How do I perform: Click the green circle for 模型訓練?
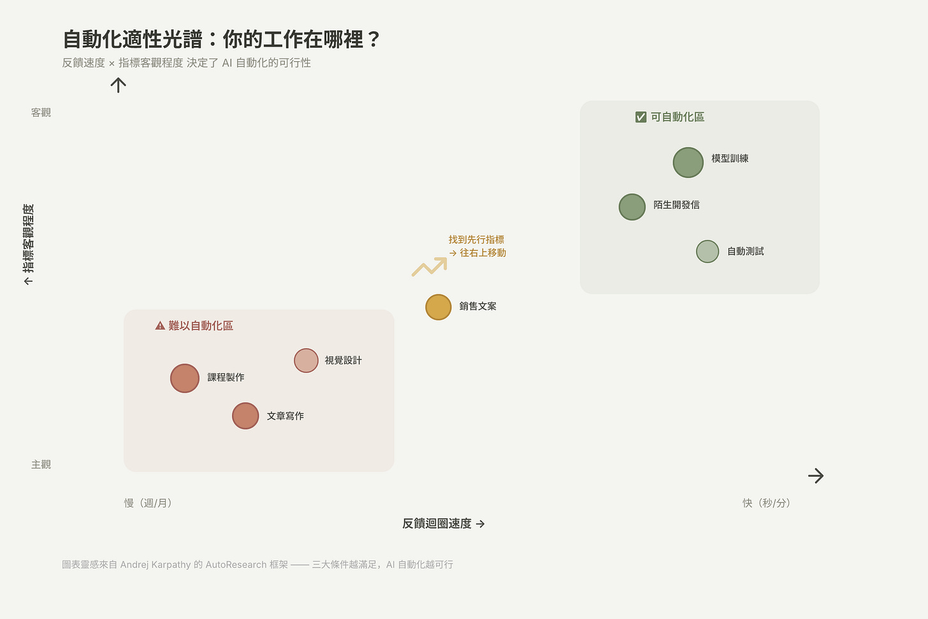point(688,163)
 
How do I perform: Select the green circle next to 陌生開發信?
point(632,207)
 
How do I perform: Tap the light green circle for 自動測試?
point(707,252)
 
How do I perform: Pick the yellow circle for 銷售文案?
point(439,307)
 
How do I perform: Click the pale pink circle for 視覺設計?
point(306,361)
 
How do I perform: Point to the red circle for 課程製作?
point(185,378)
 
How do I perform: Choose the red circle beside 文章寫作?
point(245,416)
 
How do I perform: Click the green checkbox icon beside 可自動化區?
point(641,117)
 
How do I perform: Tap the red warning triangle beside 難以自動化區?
point(160,326)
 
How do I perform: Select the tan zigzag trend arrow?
point(430,266)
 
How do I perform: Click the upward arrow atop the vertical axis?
point(118,85)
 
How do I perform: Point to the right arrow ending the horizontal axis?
point(816,476)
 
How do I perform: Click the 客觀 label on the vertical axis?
point(41,113)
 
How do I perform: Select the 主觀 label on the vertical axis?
point(41,465)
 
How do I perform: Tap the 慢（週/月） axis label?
point(148,503)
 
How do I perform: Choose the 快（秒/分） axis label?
point(766,503)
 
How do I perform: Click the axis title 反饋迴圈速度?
point(437,524)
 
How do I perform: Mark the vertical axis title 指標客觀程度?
point(28,239)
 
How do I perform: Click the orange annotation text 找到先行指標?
point(476,240)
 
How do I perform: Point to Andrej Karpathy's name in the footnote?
point(155,565)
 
